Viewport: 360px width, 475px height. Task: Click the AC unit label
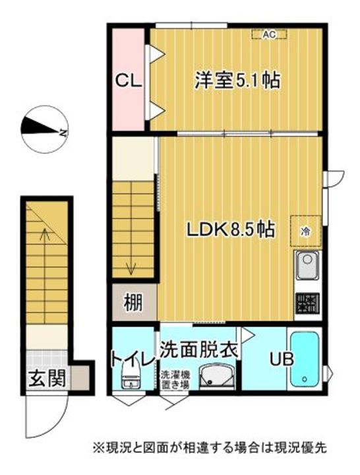[x=269, y=34]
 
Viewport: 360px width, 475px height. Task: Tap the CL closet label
[x=129, y=81]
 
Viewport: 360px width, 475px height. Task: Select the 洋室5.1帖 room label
[x=237, y=80]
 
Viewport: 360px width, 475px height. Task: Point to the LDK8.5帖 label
[x=230, y=230]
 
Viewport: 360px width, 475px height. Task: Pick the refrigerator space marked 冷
[x=306, y=231]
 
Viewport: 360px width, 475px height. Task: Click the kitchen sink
[x=307, y=265]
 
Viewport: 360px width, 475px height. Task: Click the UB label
[x=282, y=360]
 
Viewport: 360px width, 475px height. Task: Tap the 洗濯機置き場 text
[x=175, y=380]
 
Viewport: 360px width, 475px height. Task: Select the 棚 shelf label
[x=133, y=303]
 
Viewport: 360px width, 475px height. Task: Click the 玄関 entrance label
[x=47, y=379]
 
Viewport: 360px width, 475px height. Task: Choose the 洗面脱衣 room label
[x=198, y=349]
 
